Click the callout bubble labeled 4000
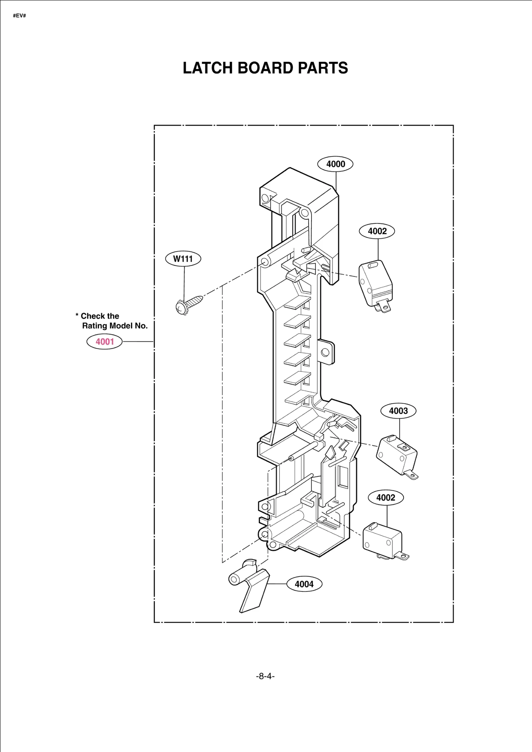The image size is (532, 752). [335, 164]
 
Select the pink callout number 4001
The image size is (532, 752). [104, 342]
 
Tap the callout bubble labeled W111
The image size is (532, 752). [183, 259]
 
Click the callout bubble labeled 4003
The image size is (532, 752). [398, 411]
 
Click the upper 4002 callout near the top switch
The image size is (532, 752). [377, 231]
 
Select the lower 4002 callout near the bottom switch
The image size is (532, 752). [385, 498]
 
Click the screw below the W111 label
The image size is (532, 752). [188, 304]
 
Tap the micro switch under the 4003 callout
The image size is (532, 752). [397, 455]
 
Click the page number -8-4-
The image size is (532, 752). [265, 676]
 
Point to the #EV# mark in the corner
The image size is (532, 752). [19, 16]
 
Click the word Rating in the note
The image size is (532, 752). [94, 326]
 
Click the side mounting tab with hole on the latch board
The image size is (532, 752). [326, 352]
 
